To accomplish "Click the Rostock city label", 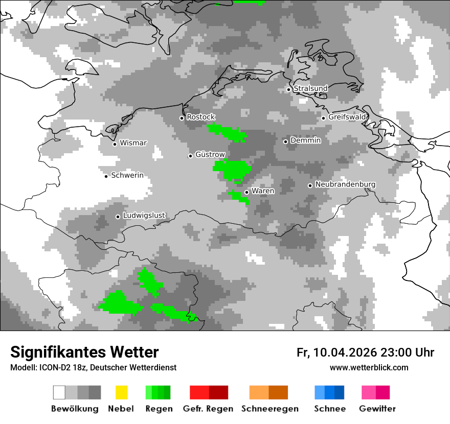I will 200,117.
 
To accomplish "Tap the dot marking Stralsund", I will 288,89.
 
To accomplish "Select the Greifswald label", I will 347,117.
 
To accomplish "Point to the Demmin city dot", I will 286,142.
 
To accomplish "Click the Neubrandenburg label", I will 345,184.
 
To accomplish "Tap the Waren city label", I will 263,191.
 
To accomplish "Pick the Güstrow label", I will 210,154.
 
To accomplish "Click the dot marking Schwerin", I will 106,176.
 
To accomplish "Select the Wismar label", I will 133,143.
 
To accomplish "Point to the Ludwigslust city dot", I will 118,217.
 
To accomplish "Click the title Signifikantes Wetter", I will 84,352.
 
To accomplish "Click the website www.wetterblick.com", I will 369,367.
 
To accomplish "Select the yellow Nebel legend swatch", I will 121,392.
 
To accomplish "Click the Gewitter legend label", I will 377,409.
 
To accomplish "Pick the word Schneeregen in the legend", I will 269,409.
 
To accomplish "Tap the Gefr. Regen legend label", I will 208,409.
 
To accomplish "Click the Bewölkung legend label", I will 75,409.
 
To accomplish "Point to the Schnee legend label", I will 330,409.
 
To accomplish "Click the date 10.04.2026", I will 345,352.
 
